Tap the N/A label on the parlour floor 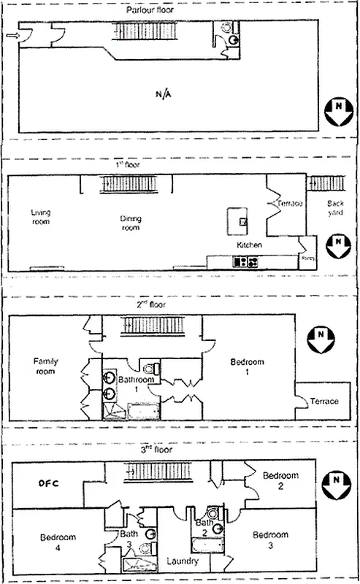coord(165,94)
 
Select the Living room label coord(40,216)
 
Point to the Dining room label coord(131,223)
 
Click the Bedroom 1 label coord(246,367)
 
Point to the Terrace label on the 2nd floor coord(324,401)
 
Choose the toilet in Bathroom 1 coord(150,368)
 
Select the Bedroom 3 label coord(269,540)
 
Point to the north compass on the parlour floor coord(336,113)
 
